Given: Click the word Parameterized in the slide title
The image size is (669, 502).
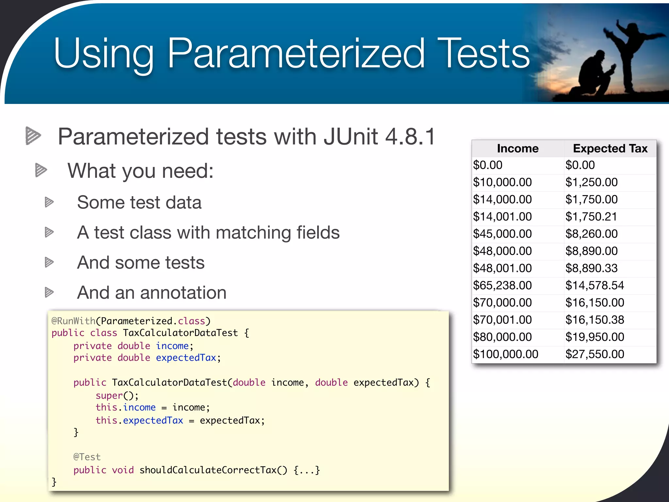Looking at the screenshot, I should [296, 54].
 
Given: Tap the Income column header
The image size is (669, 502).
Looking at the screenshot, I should [517, 149].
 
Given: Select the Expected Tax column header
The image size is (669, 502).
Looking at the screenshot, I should [610, 149].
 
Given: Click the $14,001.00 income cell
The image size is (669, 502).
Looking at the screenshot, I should [502, 217].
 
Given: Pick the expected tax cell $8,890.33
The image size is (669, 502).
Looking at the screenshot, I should [591, 268].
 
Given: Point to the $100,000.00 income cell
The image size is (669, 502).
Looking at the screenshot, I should [505, 354].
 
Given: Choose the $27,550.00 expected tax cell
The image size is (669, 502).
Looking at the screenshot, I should [595, 354].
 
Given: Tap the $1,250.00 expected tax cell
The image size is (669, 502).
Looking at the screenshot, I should [591, 182].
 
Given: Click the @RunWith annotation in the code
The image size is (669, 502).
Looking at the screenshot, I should [73, 321].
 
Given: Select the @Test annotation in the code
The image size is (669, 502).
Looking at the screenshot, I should [87, 457].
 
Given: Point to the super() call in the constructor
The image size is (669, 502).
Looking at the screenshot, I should [117, 396].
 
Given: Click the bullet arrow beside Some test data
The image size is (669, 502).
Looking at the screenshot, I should [49, 202].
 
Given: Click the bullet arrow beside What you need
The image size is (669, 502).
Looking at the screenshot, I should [41, 170].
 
